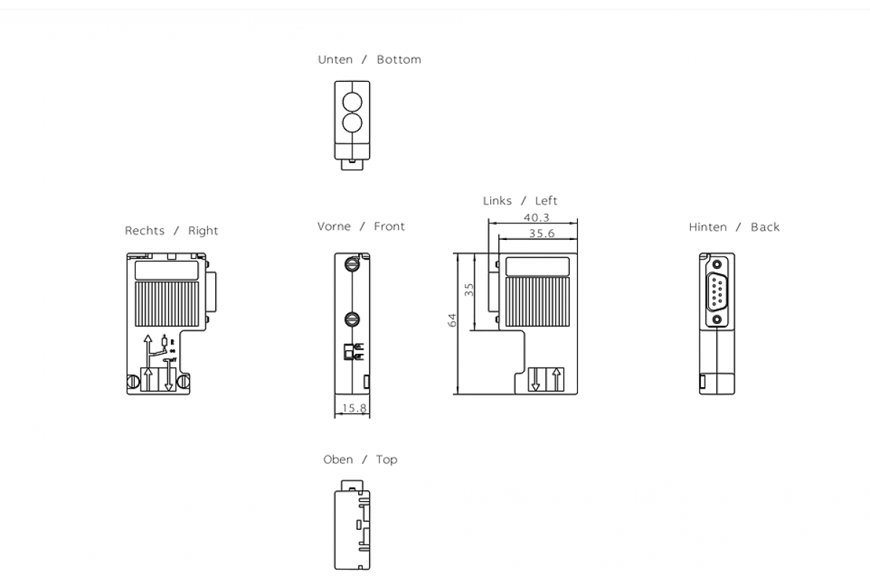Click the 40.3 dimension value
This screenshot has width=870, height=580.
coord(536,217)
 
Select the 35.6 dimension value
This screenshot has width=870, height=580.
coord(542,233)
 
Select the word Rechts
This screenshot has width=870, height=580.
coord(145,231)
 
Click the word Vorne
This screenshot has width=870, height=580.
coord(333,226)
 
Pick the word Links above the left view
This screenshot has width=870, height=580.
coord(497,201)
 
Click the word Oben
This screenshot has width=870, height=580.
coord(338,460)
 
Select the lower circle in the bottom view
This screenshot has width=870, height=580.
coord(352,123)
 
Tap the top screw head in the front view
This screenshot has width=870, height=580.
coord(352,263)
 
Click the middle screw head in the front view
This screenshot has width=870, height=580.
coord(352,318)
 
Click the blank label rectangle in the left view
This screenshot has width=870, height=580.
coord(537,267)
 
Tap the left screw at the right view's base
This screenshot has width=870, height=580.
coord(135,381)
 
